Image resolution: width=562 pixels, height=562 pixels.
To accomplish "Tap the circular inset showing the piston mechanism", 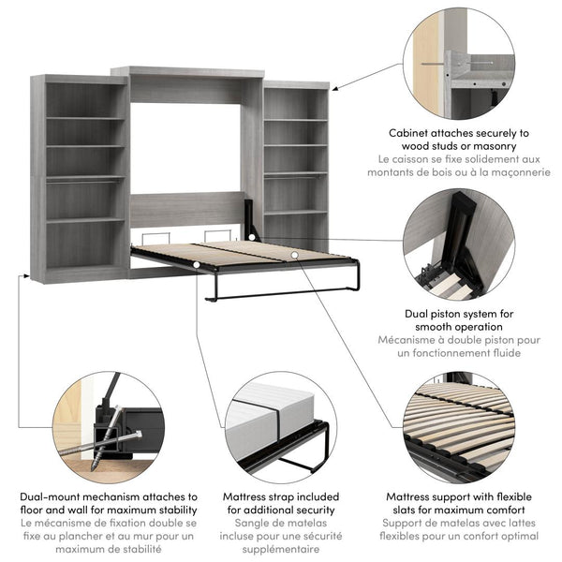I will pos(459,244).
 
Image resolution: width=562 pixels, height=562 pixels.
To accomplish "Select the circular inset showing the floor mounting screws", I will pos(104,425).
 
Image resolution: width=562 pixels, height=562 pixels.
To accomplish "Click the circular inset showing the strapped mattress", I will pos(281,427).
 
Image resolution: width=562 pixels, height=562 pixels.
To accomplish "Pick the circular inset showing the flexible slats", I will pos(459,425).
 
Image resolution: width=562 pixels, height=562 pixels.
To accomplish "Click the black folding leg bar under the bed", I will pos(281,292).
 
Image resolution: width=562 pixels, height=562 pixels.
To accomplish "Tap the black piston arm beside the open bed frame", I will pos(250,221).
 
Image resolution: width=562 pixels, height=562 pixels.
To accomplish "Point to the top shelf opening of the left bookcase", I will pos(84,100).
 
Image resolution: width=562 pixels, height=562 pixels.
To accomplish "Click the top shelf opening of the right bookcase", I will pos(295,104).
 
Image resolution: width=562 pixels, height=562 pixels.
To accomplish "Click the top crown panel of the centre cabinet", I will pos(187,72).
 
